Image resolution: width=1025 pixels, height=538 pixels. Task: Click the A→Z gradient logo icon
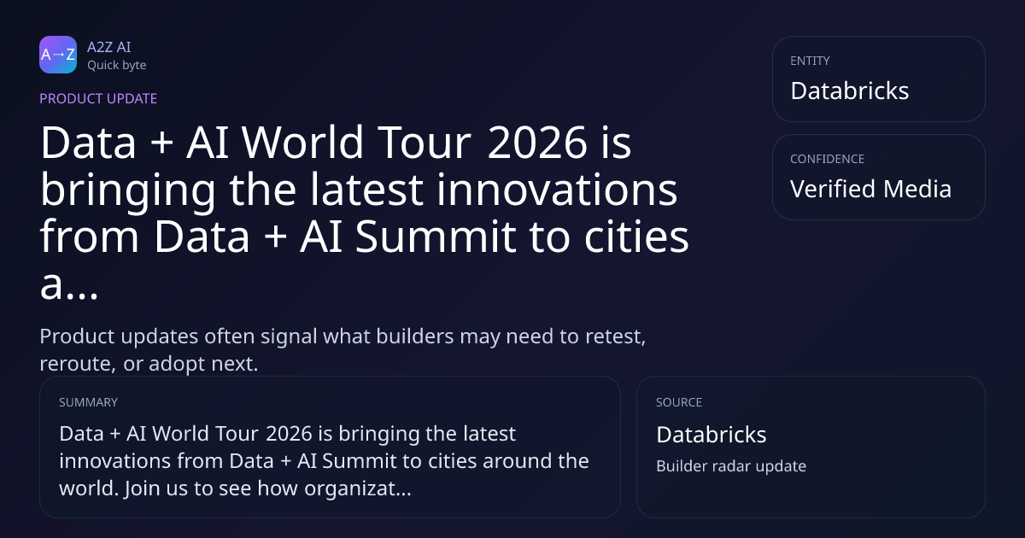click(x=58, y=55)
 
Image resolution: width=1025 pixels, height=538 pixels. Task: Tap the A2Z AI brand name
click(x=109, y=47)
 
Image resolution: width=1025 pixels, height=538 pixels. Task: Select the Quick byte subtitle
click(x=117, y=66)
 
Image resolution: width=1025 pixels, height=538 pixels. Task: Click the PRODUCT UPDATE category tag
click(x=98, y=98)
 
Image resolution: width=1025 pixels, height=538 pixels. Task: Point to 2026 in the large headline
click(x=537, y=143)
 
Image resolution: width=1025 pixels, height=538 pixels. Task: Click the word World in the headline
click(x=302, y=143)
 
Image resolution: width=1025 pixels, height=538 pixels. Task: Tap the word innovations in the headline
click(x=557, y=190)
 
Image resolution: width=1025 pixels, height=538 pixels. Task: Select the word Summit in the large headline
click(x=436, y=237)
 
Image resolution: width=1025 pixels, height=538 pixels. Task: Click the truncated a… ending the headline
click(x=69, y=285)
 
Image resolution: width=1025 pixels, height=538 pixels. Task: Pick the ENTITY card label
click(x=810, y=61)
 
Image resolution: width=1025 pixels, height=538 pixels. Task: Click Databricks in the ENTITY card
click(x=850, y=91)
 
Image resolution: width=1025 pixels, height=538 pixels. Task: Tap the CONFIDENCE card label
click(x=828, y=159)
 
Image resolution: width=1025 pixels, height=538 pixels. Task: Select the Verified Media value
click(x=870, y=189)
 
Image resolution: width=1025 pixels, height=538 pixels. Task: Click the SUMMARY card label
click(x=88, y=402)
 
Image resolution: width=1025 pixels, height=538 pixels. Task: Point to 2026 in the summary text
click(x=290, y=434)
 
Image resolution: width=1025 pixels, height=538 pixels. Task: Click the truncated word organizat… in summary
click(x=358, y=488)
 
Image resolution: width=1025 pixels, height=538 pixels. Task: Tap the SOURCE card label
click(x=679, y=402)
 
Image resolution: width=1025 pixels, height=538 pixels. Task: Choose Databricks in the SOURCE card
click(x=711, y=435)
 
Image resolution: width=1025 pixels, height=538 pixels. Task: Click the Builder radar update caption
click(x=731, y=466)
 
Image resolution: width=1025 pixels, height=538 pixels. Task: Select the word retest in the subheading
click(x=616, y=336)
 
